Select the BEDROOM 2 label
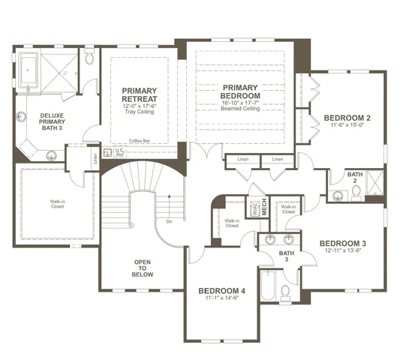click(347, 118)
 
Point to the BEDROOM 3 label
click(342, 244)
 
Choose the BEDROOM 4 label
click(221, 291)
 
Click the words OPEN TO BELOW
click(143, 269)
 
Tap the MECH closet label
click(264, 206)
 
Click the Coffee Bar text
click(140, 141)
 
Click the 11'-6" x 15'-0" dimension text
click(347, 126)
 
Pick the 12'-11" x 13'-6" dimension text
click(342, 252)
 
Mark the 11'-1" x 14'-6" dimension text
click(221, 299)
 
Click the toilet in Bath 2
click(355, 193)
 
